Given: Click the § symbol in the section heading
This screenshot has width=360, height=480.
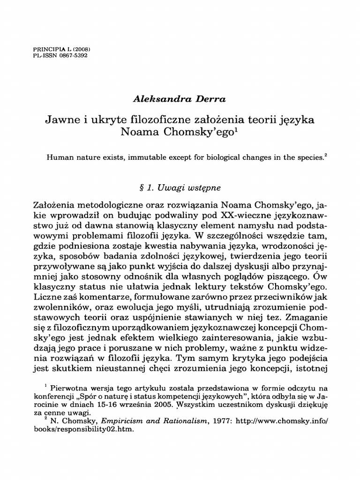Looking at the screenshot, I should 136,187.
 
